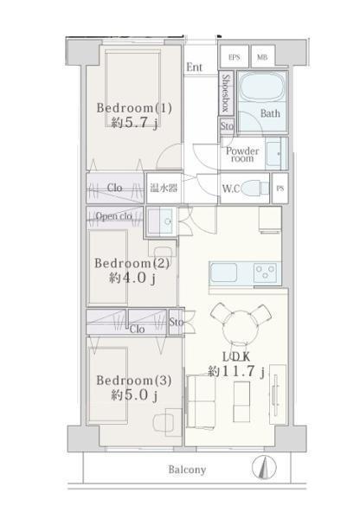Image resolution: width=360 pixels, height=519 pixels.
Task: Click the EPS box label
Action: click(x=235, y=57)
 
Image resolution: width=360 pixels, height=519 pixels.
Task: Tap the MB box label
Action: click(x=262, y=57)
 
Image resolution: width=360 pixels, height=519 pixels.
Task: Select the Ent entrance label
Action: click(x=195, y=67)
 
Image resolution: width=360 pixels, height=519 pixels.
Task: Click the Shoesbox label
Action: click(x=226, y=93)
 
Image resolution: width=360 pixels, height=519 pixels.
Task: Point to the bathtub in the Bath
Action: click(x=262, y=86)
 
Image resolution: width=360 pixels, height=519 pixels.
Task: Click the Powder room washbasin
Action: click(x=274, y=154)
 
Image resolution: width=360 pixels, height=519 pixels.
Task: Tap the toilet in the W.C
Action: click(x=254, y=188)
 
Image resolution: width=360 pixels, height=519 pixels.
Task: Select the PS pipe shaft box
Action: click(x=280, y=188)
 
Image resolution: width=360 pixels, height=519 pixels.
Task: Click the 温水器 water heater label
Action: click(x=164, y=188)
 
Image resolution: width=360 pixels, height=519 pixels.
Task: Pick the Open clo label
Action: click(x=114, y=216)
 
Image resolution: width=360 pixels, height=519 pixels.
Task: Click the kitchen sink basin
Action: click(x=224, y=272)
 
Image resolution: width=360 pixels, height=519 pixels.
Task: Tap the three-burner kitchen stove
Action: click(x=265, y=272)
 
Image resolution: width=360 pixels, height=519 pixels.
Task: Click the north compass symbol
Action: click(x=264, y=468)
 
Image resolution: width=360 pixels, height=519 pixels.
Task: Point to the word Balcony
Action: click(x=187, y=470)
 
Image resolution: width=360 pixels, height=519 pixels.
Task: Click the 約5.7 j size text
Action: click(x=134, y=123)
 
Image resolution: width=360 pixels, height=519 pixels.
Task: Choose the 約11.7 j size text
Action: click(x=236, y=371)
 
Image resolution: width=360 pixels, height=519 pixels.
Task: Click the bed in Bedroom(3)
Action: click(x=108, y=385)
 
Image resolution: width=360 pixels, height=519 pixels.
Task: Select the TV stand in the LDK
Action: click(x=278, y=394)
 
